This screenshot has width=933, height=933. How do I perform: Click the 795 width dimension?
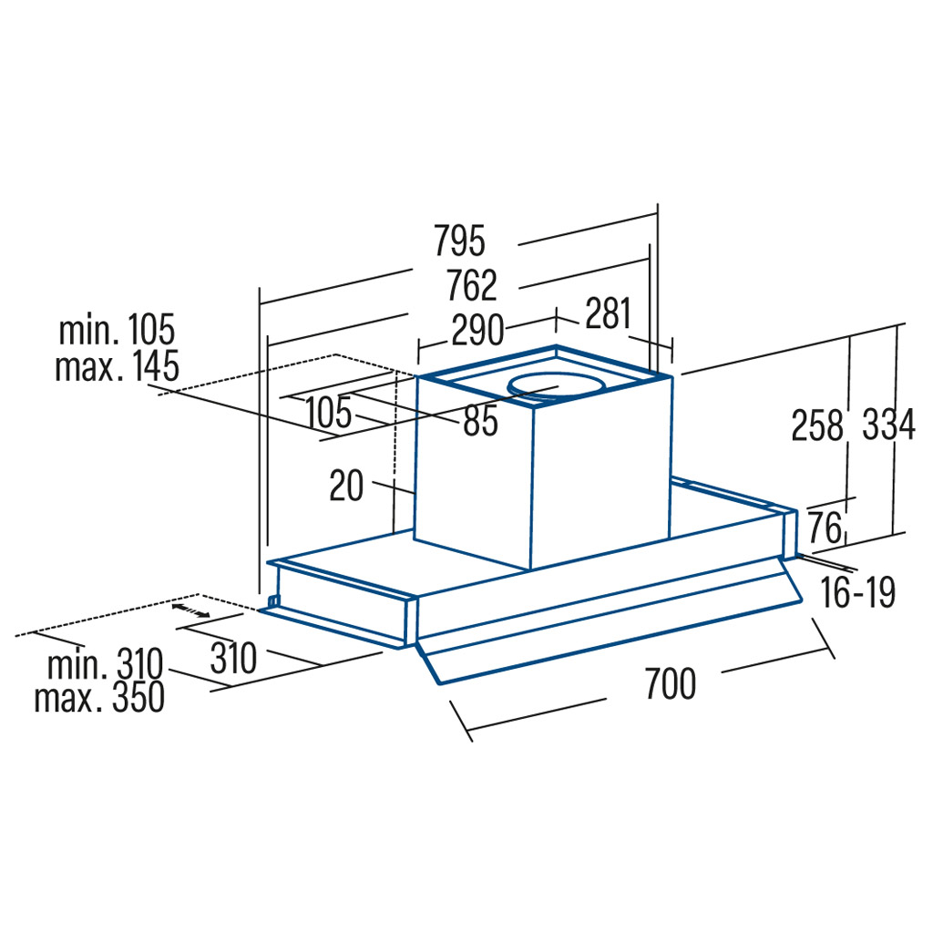pos(459,241)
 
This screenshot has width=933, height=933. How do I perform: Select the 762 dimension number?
pos(472,285)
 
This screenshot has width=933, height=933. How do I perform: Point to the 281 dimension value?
pos(608,313)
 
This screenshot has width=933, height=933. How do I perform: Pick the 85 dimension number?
pos(481,420)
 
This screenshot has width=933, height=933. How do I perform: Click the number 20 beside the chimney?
pos(346,486)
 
